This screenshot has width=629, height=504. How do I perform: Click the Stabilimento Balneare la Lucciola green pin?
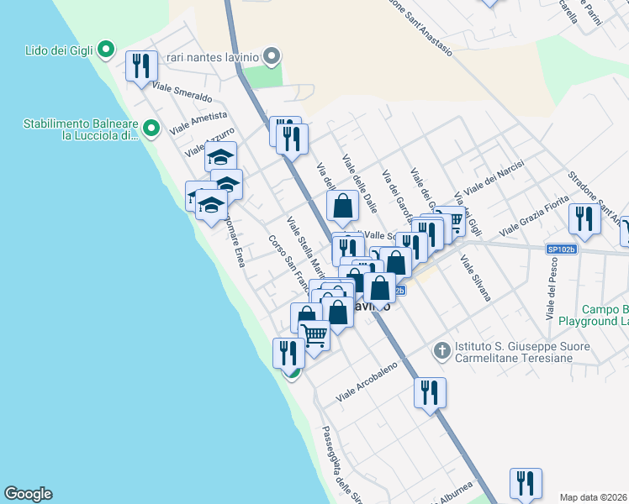pos(151,129)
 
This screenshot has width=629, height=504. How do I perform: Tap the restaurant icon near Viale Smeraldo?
pos(141,66)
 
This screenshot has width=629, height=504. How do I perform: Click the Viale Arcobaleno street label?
pos(367,381)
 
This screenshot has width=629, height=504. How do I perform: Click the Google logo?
pos(28,494)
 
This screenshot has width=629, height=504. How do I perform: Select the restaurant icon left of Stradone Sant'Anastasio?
pos(584,218)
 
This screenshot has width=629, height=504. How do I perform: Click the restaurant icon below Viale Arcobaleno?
pos(430,392)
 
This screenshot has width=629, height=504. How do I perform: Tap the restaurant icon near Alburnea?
pos(526,483)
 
